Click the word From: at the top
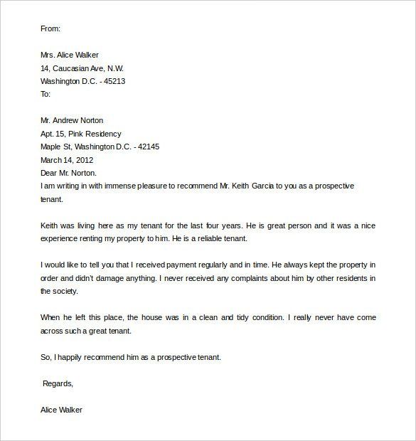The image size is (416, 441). click(x=51, y=29)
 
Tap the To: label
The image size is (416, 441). click(x=46, y=94)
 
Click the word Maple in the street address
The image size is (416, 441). click(x=53, y=147)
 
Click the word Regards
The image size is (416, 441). click(x=58, y=383)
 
